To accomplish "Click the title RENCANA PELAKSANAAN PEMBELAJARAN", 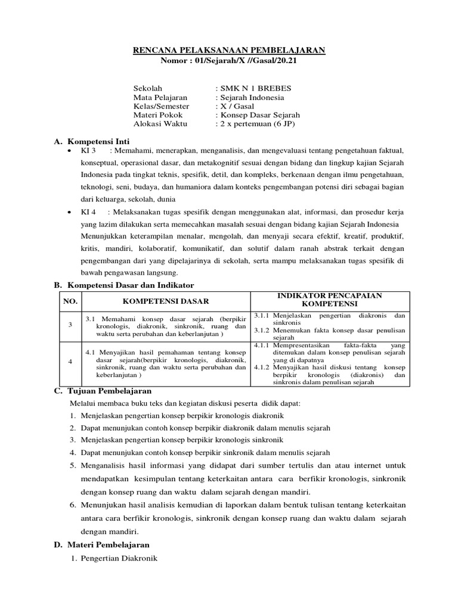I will [x=228, y=51].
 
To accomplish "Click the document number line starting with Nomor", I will [x=228, y=61].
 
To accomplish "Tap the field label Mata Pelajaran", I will [x=160, y=97].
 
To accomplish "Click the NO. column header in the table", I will [x=70, y=302].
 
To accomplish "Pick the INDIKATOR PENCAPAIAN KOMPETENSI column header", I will [x=329, y=300].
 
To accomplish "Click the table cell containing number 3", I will [x=70, y=325].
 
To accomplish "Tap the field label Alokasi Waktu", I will [x=160, y=124].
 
